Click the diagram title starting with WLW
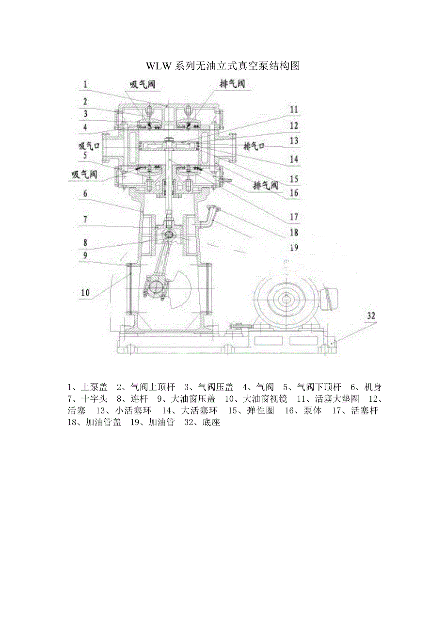click(x=223, y=66)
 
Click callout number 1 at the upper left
click(x=85, y=84)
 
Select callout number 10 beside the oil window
click(x=85, y=293)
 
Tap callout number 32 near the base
click(x=371, y=316)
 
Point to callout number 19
click(x=294, y=248)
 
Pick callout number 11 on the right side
click(x=294, y=110)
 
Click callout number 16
click(x=294, y=193)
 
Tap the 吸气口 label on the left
click(x=89, y=146)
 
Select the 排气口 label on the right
click(x=254, y=146)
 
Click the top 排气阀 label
click(x=232, y=84)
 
